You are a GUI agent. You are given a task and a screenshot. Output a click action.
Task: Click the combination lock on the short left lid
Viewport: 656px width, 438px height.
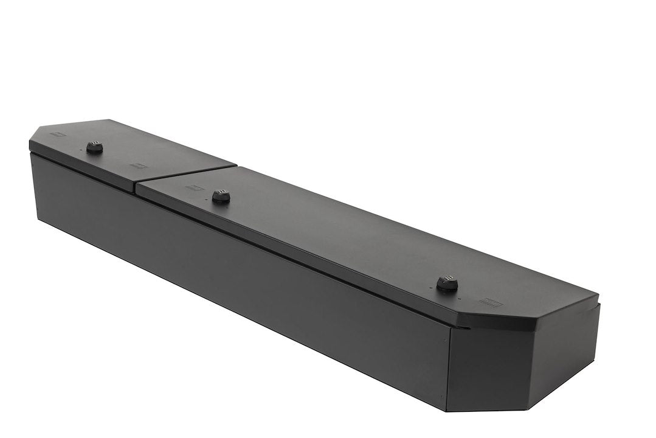click(x=94, y=147)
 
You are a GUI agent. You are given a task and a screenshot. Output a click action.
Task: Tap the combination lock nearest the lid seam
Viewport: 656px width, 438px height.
click(x=221, y=196)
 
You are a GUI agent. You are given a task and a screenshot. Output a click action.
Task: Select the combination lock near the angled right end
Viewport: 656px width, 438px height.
click(x=447, y=283)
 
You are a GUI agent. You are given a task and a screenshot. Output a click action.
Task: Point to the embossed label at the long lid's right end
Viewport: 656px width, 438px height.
click(x=490, y=302)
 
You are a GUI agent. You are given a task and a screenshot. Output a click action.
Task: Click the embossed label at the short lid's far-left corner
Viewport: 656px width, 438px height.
click(x=58, y=134)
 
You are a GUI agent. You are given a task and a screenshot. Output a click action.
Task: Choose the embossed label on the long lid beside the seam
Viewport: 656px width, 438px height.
click(x=195, y=188)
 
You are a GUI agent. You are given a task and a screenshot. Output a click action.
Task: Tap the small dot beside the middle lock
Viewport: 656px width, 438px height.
click(x=230, y=205)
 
